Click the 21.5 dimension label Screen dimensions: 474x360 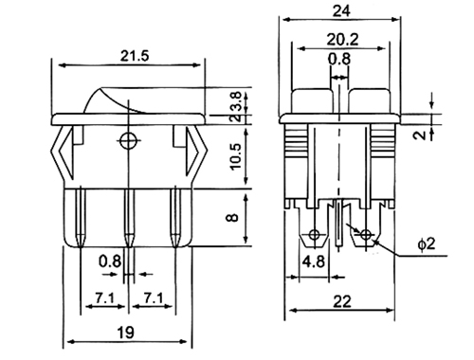click(x=134, y=56)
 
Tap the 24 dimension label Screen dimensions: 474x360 click(x=341, y=11)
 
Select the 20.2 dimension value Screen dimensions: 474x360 click(x=342, y=40)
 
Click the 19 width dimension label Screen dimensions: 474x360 click(x=126, y=333)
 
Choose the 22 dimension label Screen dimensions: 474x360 click(x=341, y=301)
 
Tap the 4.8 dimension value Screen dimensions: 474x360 click(x=314, y=261)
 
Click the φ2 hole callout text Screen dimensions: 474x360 click(x=427, y=243)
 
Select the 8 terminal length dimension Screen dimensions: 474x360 click(x=233, y=218)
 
